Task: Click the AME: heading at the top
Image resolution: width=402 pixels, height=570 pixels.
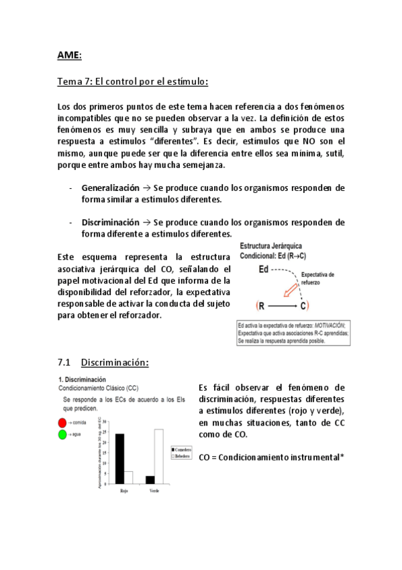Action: click(x=69, y=55)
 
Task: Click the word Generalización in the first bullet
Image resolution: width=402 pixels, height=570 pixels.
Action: click(x=110, y=188)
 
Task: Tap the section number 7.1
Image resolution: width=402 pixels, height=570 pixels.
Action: click(x=65, y=362)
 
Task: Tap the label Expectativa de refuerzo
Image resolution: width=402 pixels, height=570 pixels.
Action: click(x=317, y=278)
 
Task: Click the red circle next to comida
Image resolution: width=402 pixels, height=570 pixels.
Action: click(x=63, y=422)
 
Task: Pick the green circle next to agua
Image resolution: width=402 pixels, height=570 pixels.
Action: click(x=63, y=434)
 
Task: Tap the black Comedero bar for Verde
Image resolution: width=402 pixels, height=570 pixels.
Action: click(x=150, y=479)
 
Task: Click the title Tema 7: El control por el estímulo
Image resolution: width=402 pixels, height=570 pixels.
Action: click(x=133, y=82)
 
